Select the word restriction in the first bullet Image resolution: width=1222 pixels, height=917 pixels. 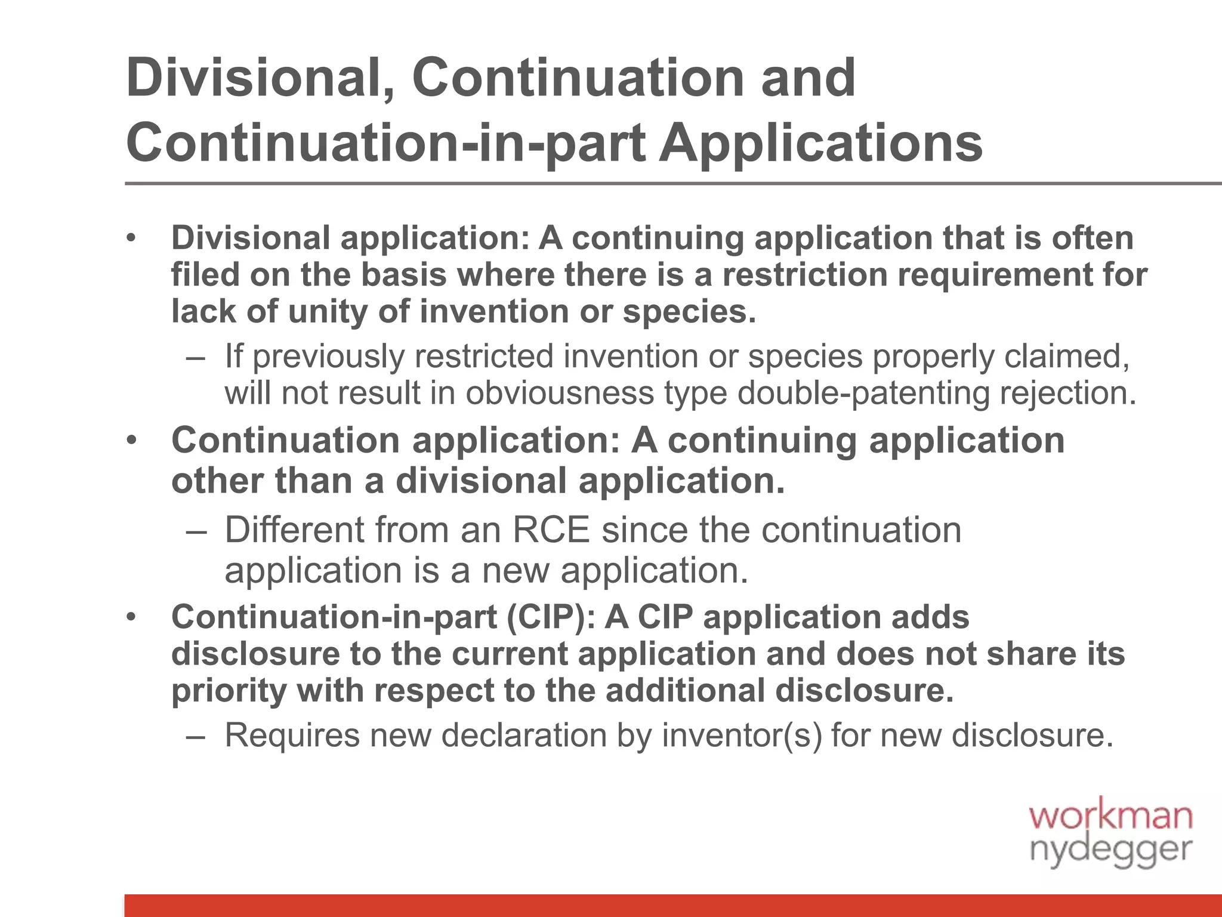[x=805, y=275]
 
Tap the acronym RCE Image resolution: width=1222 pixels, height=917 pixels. [x=551, y=530]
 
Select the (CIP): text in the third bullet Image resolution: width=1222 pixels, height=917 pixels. [x=551, y=617]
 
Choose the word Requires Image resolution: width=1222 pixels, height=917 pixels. [x=292, y=735]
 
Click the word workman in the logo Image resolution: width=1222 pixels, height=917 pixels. [x=1110, y=816]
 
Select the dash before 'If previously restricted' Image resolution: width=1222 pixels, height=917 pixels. [x=195, y=357]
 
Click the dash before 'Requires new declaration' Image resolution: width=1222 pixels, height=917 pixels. [x=195, y=736]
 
